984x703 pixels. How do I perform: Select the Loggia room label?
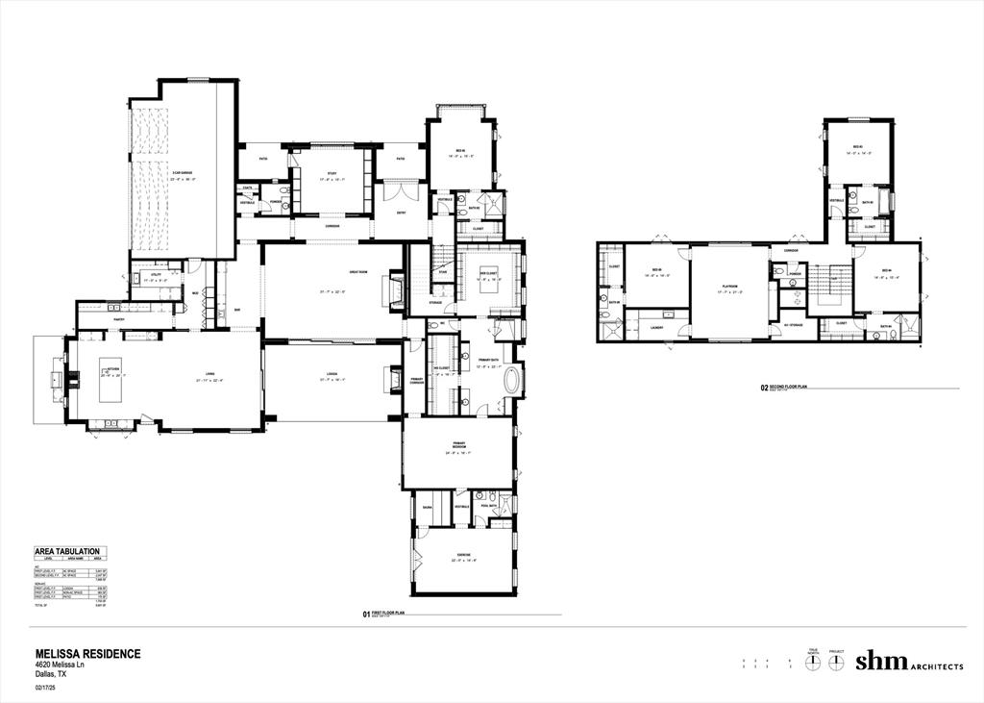coord(332,376)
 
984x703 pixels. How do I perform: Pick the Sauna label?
coord(427,506)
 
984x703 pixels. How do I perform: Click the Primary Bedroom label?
coord(458,445)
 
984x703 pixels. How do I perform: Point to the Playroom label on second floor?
coord(729,286)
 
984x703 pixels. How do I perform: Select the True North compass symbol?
coord(812,663)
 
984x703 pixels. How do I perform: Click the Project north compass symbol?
coord(836,663)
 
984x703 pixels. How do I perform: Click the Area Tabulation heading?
coord(69,551)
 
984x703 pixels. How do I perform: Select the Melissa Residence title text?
coord(87,653)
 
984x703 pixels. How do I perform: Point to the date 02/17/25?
coord(47,688)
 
